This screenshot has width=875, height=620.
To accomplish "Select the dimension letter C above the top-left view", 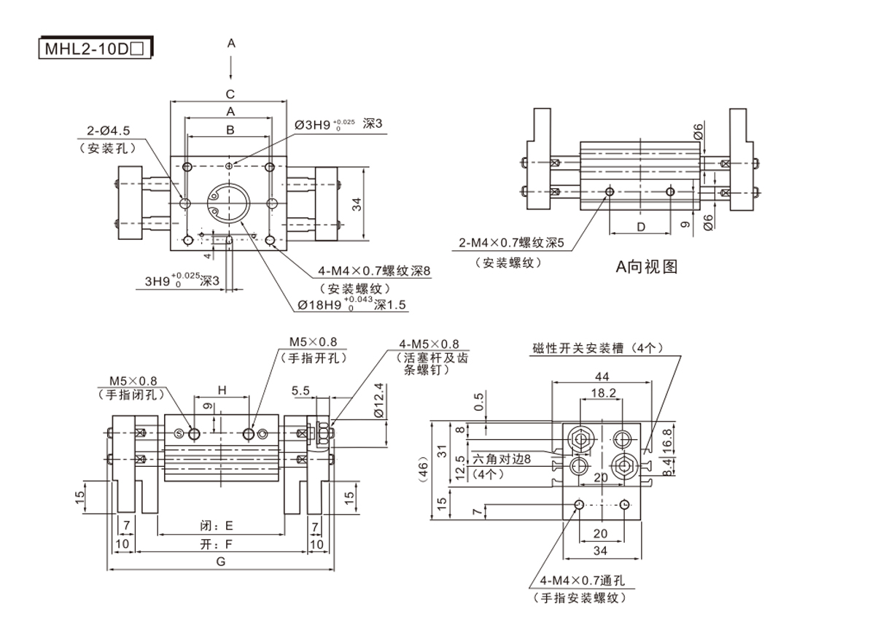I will click(x=230, y=93).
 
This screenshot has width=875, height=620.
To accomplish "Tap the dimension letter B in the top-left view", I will click(x=230, y=130).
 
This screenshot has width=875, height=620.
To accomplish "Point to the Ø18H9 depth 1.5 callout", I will click(x=351, y=305).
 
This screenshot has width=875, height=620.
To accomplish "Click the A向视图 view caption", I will click(x=647, y=267).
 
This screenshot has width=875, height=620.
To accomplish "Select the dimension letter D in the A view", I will click(x=641, y=227).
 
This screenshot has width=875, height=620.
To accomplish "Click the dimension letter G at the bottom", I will click(x=221, y=561).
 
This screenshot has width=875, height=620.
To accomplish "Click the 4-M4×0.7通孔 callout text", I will click(x=583, y=581).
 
